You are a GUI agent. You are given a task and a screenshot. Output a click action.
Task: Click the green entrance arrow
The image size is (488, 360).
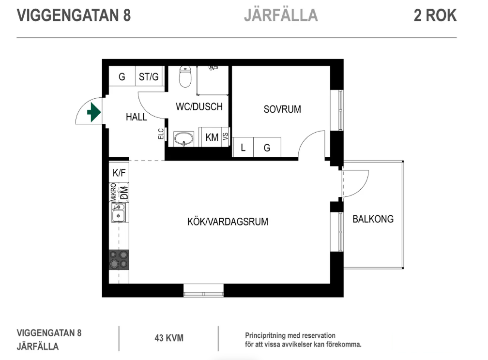[94, 112]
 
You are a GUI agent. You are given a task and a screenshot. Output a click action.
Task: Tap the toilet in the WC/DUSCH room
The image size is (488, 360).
[185, 76]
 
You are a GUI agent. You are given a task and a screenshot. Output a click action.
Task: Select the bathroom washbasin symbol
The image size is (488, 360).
[183, 139]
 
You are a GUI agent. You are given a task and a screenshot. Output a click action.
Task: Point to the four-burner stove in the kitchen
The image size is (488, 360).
[119, 260]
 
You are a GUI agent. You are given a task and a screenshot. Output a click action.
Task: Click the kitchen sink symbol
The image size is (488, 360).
[119, 212]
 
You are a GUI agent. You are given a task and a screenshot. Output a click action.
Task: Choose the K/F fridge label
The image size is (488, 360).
[119, 173]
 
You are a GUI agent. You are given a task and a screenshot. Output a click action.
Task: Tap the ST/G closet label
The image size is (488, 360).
[149, 76]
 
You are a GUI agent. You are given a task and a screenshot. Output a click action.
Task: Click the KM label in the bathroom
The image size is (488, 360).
[212, 137]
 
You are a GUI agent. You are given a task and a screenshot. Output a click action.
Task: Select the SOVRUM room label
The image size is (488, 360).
[282, 109]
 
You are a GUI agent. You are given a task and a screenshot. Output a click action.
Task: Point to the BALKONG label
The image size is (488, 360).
[373, 219]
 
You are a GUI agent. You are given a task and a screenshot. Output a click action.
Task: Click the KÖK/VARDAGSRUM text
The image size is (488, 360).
[228, 222]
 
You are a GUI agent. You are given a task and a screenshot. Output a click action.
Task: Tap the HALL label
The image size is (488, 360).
[137, 117]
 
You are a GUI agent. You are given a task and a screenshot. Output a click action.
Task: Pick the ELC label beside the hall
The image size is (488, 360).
[161, 134]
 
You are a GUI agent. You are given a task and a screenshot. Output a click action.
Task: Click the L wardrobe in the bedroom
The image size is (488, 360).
[243, 148]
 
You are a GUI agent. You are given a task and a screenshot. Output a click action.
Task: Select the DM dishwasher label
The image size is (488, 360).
[124, 192]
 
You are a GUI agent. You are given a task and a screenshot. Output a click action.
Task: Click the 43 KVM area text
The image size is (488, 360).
[169, 338]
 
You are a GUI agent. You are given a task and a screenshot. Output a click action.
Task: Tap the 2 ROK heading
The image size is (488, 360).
[435, 15]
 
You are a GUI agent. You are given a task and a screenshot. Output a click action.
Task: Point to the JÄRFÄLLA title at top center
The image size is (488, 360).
[281, 15]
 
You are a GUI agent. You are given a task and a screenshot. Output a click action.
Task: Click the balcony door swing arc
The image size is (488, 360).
[360, 187]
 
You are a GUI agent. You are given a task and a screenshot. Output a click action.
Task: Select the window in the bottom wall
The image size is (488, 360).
[203, 290]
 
